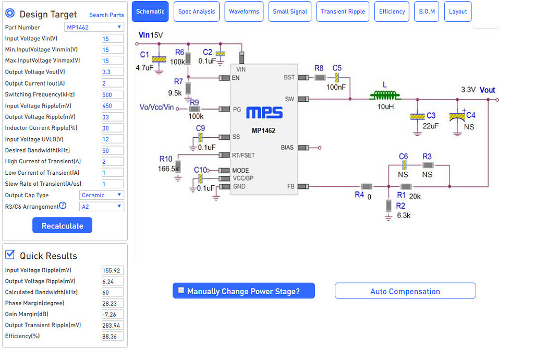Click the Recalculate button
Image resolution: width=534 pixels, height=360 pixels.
pos(62,225)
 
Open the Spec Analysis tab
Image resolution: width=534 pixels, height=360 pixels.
pos(196,11)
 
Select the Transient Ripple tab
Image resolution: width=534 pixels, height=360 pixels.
pos(343,11)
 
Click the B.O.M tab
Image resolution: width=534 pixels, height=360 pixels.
pos(427,11)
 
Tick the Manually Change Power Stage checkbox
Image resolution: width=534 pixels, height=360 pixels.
pos(181,291)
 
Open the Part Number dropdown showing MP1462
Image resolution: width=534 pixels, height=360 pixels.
pos(94,27)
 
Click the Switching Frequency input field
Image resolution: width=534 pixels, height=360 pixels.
pos(113,94)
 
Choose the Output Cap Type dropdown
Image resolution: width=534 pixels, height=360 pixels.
pos(102,195)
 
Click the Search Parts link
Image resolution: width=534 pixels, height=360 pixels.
pos(106,15)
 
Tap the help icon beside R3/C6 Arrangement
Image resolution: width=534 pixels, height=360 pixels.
pos(63,206)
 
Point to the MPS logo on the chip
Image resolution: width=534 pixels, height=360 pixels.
pos(264,113)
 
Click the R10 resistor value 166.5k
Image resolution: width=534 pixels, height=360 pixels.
pos(168,169)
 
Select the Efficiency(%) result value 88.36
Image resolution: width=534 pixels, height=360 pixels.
pos(113,337)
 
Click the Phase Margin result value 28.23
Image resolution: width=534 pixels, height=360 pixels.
pos(113,304)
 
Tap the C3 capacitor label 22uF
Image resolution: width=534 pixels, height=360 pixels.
pos(430,126)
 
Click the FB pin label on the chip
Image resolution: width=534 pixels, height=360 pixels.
pos(290,186)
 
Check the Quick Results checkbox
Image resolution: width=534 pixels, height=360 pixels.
pos(10,255)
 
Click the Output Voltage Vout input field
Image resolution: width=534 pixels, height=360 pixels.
pos(113,72)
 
